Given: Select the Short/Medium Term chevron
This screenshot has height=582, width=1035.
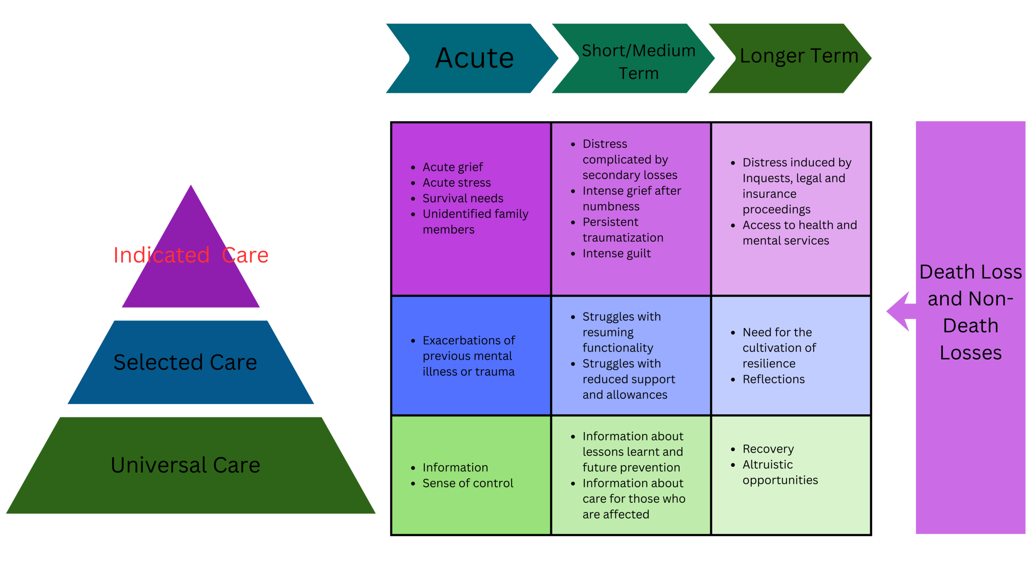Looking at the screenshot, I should click(638, 61).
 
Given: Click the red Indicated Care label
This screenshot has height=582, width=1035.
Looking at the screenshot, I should click(191, 255).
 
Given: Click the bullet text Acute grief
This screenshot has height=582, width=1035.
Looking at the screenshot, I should click(452, 167).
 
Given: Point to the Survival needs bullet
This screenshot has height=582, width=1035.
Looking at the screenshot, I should click(463, 198).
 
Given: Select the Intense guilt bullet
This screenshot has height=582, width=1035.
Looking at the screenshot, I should click(616, 253).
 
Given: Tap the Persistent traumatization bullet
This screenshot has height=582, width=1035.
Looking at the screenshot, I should click(622, 230).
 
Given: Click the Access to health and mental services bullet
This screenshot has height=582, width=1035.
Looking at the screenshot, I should click(799, 233).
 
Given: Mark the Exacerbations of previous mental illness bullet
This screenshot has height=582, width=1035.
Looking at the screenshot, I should click(468, 356).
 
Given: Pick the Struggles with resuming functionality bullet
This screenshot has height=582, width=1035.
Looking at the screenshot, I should click(621, 332).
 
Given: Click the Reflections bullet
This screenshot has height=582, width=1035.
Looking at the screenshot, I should click(773, 379).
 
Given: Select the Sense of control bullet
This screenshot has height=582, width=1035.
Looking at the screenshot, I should click(467, 483).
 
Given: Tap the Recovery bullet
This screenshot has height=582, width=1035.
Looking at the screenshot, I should click(768, 449).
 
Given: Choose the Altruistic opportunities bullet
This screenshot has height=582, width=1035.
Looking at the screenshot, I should click(779, 472).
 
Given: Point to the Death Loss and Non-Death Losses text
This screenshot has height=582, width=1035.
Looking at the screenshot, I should click(970, 312).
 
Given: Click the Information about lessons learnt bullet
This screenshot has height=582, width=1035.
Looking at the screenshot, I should click(632, 452).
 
